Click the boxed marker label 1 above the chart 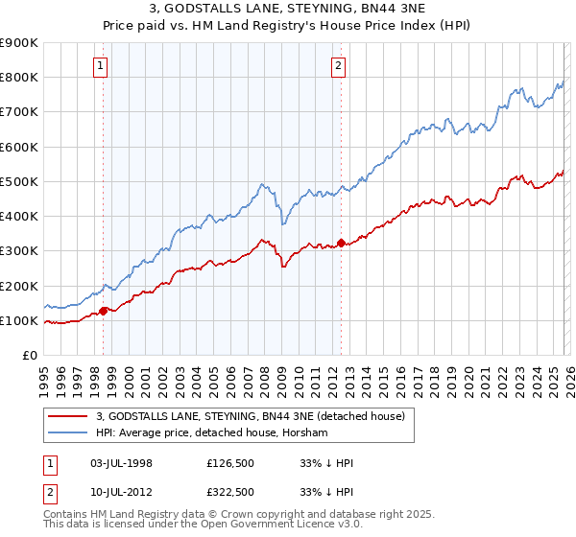(101, 66)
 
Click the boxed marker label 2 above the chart (338, 66)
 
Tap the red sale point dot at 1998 (104, 310)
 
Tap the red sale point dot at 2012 (341, 243)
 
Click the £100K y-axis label (19, 320)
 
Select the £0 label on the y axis (29, 356)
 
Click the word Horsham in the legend (305, 433)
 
